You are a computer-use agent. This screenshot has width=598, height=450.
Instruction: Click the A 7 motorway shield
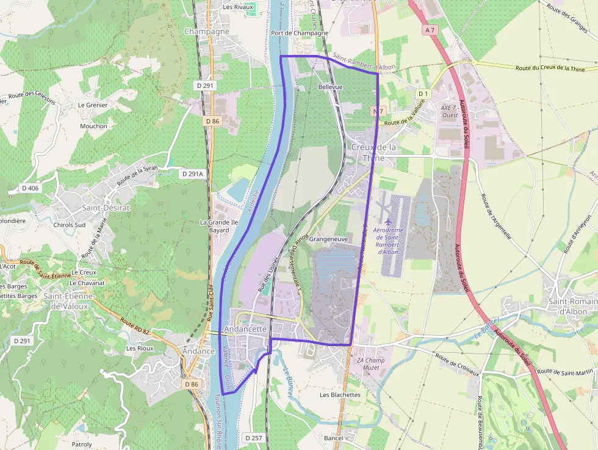pos(430,29)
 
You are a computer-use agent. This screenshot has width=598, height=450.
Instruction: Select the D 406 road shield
pos(29,188)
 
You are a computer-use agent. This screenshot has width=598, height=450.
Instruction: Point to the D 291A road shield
pos(192,174)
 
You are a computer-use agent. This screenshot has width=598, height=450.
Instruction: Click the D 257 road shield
pos(253,438)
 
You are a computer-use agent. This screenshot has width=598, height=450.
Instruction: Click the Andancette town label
pos(246,328)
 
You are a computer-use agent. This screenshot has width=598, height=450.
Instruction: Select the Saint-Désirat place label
pos(106,208)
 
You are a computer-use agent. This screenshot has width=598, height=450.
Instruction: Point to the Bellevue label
pos(330,87)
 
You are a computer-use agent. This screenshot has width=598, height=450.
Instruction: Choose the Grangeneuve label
pos(328,239)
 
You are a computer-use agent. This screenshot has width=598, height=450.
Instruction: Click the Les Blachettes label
pos(340,395)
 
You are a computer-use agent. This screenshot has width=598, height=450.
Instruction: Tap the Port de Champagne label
pos(300,33)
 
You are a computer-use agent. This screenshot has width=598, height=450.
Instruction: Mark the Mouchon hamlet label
pos(93,126)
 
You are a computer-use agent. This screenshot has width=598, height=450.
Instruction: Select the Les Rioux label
pos(139,348)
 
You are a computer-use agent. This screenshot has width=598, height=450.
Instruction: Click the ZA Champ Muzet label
pos(371,364)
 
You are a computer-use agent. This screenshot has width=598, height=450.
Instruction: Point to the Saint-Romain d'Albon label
pos(572,307)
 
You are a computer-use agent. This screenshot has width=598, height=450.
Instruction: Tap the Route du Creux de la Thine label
pos(550,68)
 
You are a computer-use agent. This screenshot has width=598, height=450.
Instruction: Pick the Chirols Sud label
pos(69,225)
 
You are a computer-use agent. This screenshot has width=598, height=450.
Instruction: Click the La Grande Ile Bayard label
pos(218,227)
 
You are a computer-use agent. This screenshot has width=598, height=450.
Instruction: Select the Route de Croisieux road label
pos(458,364)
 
